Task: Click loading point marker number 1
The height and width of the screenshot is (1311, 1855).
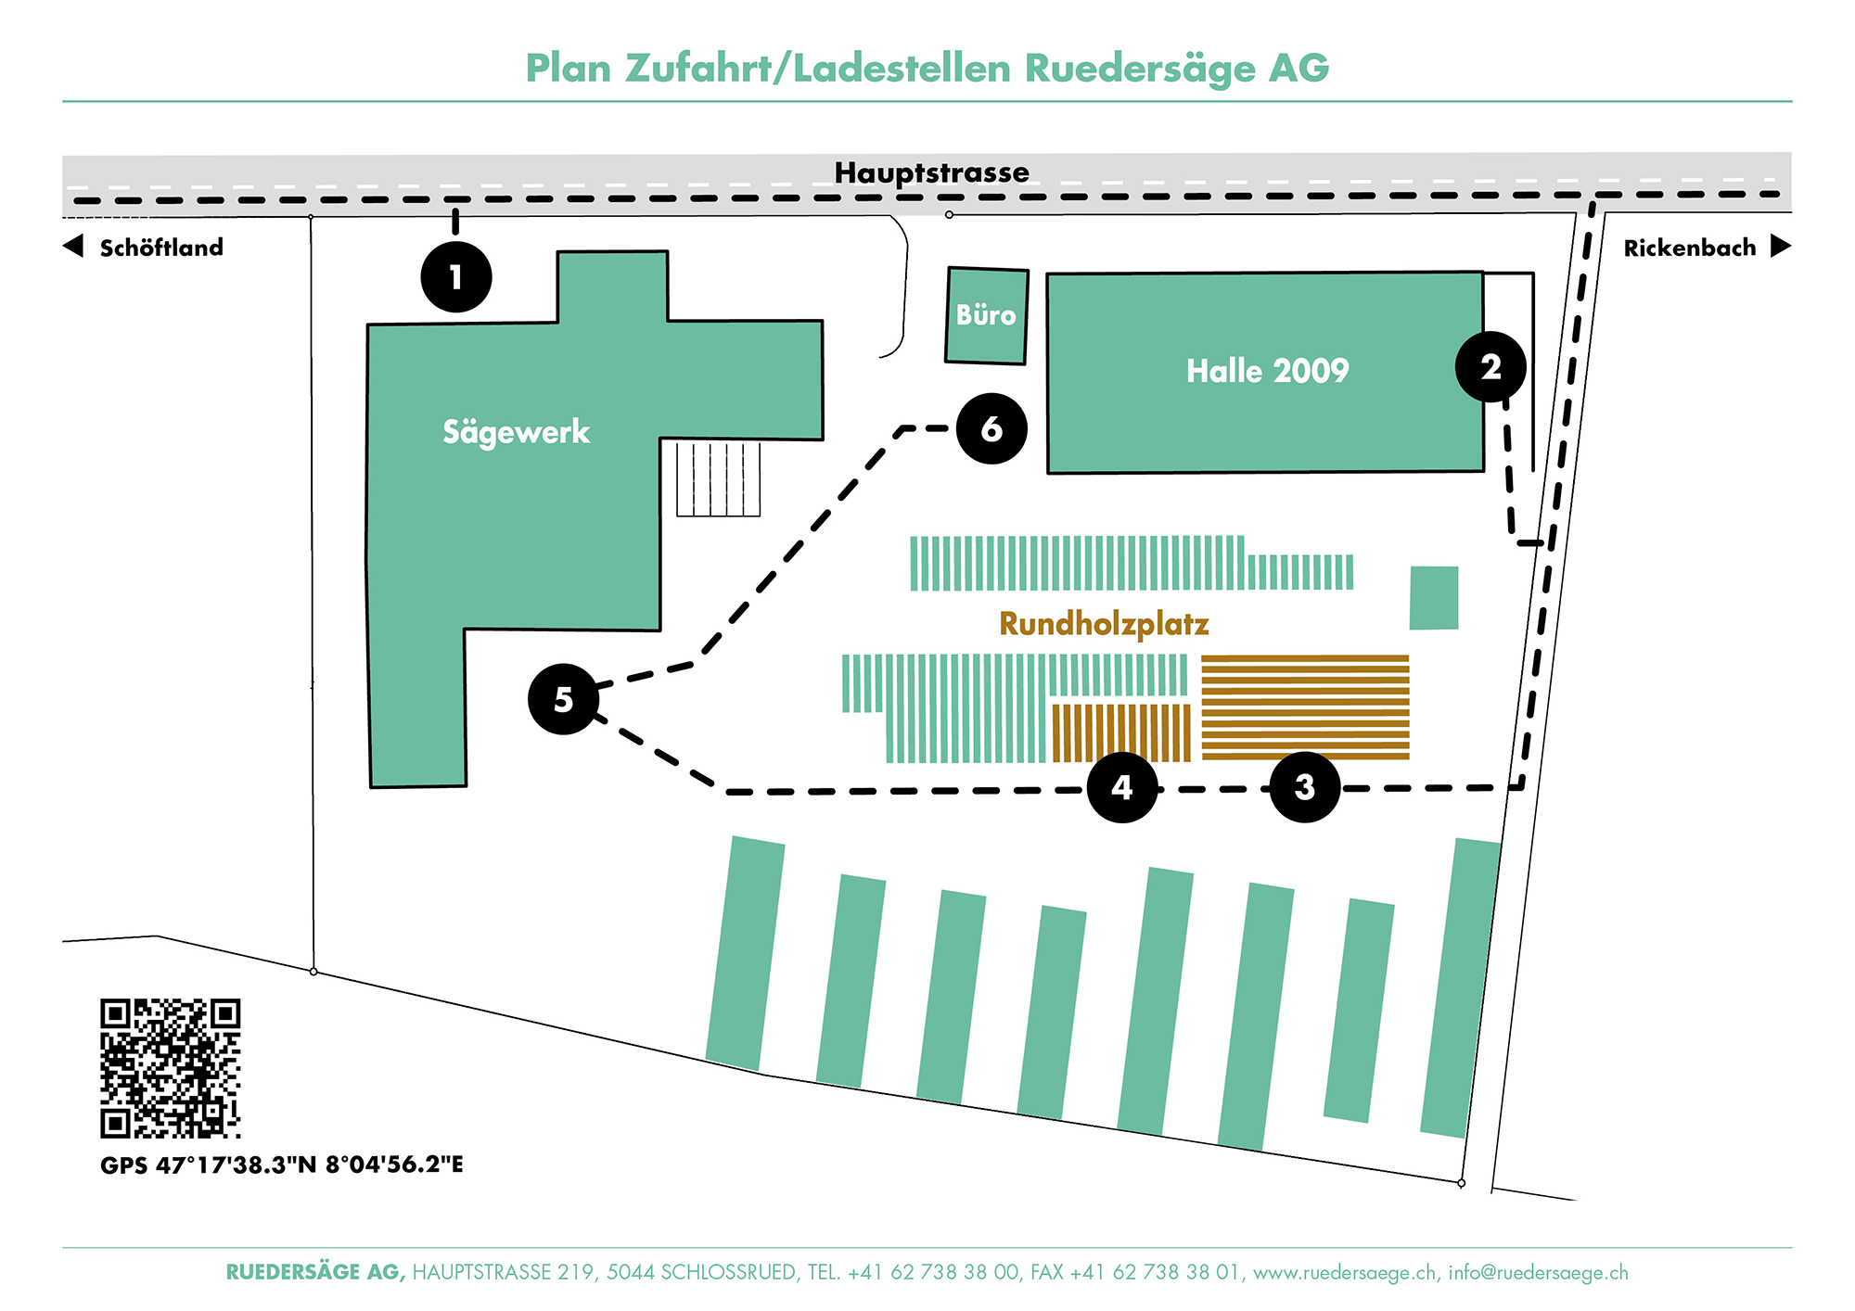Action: [455, 276]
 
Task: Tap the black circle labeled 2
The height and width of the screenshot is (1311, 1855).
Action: [1490, 367]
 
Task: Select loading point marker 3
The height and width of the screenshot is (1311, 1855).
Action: [1304, 787]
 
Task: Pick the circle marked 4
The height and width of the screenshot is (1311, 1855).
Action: [1122, 787]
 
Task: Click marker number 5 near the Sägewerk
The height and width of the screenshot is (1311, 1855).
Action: [563, 699]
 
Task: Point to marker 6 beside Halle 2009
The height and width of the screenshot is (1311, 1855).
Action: [991, 428]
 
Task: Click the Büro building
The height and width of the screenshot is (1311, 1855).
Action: [986, 315]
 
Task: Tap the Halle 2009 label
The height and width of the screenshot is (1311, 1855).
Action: [1267, 371]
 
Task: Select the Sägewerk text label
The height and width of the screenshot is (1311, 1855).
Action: [516, 432]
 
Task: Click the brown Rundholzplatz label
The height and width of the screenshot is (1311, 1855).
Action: [1104, 624]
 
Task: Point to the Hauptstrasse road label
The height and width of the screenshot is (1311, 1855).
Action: [931, 172]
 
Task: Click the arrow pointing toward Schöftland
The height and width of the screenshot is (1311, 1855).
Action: [73, 247]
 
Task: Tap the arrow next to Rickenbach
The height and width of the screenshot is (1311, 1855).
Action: [1780, 247]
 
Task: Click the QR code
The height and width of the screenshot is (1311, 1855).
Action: [170, 1068]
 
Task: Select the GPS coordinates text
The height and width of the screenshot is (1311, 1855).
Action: [281, 1165]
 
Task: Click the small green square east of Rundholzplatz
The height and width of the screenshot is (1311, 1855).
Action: [1433, 598]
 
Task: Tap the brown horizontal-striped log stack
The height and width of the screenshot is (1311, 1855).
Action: [1305, 706]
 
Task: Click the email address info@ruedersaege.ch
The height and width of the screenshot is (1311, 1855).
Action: [1538, 1273]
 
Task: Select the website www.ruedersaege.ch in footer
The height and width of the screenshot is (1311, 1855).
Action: [1345, 1273]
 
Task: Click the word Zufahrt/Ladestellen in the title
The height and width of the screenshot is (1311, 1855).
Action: [817, 69]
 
